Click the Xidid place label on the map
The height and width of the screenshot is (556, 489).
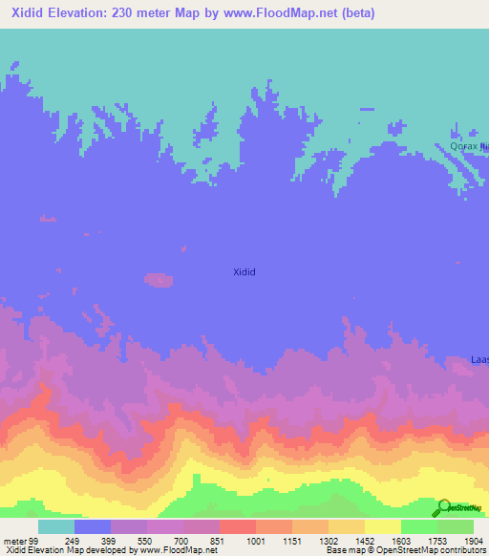(x=244, y=272)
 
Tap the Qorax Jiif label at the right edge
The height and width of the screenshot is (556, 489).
(x=469, y=146)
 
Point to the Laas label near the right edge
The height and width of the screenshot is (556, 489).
(x=479, y=360)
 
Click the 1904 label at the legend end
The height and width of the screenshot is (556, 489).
(x=473, y=541)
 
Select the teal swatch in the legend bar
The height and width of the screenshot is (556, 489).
(x=55, y=526)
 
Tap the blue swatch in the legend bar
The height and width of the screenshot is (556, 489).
(x=93, y=526)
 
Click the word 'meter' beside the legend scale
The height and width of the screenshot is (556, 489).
(x=14, y=541)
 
